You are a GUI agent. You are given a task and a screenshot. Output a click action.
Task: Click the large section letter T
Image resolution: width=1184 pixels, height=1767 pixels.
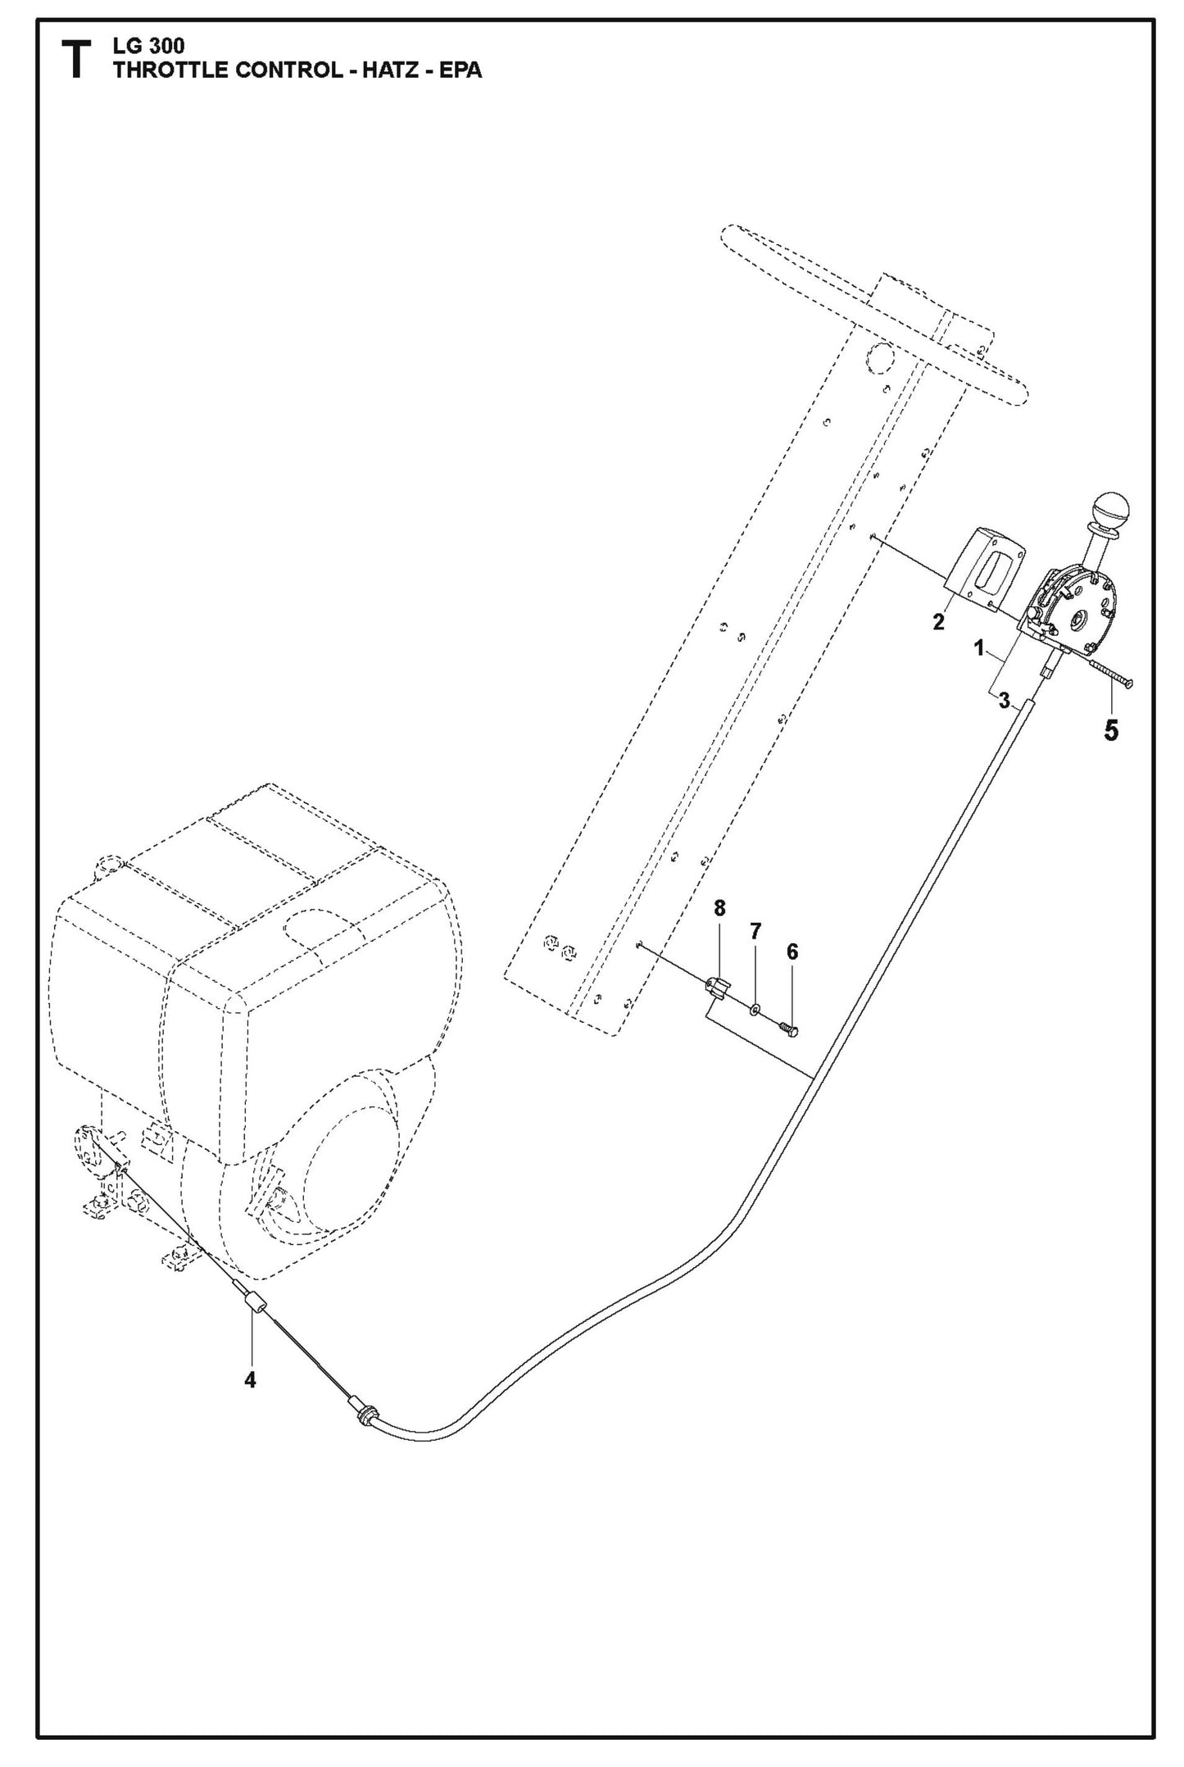pyautogui.click(x=76, y=61)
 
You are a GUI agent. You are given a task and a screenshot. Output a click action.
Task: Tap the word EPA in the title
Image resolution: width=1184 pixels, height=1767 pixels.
pyautogui.click(x=460, y=70)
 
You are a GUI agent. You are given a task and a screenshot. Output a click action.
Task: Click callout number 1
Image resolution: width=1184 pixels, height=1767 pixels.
pyautogui.click(x=978, y=648)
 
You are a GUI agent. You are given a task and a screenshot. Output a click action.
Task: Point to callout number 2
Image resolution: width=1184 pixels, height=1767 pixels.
pyautogui.click(x=938, y=622)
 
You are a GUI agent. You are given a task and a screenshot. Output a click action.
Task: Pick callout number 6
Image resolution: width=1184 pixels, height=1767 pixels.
pyautogui.click(x=792, y=952)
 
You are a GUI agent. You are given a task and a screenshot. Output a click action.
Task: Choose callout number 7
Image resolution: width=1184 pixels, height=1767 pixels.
pyautogui.click(x=755, y=931)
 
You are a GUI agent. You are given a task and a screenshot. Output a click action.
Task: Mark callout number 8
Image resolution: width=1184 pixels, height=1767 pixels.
pyautogui.click(x=719, y=908)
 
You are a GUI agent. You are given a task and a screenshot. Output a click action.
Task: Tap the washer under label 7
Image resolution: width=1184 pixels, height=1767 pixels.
pyautogui.click(x=755, y=1007)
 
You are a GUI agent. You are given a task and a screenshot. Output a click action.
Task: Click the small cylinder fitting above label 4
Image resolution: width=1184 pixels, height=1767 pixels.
pyautogui.click(x=256, y=1302)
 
